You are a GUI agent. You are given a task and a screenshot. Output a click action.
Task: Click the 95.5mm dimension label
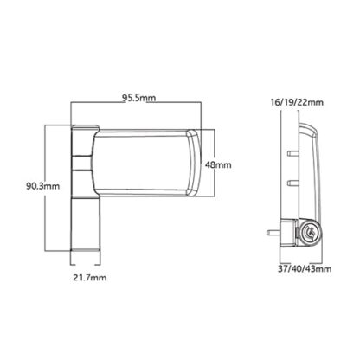[138, 98]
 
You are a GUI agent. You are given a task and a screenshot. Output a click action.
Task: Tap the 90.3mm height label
[42, 186]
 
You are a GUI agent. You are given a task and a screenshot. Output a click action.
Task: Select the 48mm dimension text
[218, 165]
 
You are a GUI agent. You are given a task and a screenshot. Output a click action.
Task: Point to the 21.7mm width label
[89, 278]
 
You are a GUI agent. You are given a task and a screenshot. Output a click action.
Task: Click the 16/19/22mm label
[297, 102]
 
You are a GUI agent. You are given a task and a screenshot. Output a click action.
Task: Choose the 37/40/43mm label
[305, 269]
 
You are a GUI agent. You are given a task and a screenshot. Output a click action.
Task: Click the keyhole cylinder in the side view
[311, 232]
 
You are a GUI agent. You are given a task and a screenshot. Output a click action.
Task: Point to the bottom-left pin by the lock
[273, 232]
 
